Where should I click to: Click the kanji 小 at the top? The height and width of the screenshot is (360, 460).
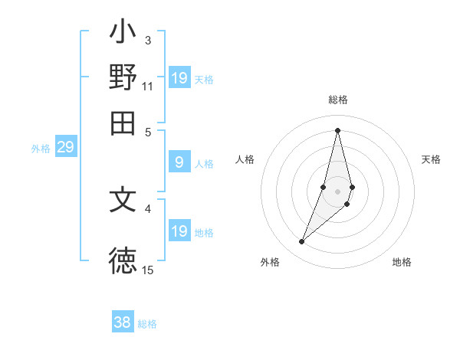(x=123, y=34)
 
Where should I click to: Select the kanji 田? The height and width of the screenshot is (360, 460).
(x=123, y=123)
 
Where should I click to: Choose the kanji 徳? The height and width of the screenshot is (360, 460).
(x=123, y=260)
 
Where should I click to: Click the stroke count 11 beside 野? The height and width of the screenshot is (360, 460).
(x=147, y=86)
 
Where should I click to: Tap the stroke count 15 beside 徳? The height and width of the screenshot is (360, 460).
(x=147, y=270)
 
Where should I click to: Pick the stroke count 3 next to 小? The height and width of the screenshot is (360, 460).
(x=147, y=40)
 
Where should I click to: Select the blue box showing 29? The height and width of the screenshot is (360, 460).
(x=65, y=147)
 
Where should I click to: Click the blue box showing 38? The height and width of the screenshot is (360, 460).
(x=122, y=322)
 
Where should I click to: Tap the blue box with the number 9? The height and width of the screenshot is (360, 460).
(x=179, y=162)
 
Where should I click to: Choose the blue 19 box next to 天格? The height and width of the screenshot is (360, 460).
(x=179, y=78)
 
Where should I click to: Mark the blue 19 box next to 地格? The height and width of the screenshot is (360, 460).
(x=179, y=231)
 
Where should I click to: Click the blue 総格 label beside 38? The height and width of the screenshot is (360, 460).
(x=147, y=324)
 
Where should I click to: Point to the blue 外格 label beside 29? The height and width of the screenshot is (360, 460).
(x=41, y=149)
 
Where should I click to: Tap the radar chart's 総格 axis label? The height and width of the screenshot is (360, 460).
(x=337, y=100)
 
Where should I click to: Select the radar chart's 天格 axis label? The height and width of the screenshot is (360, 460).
(x=431, y=159)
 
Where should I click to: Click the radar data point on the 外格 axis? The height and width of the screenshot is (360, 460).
(x=302, y=242)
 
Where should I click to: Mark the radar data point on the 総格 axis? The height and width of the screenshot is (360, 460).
(x=337, y=129)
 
